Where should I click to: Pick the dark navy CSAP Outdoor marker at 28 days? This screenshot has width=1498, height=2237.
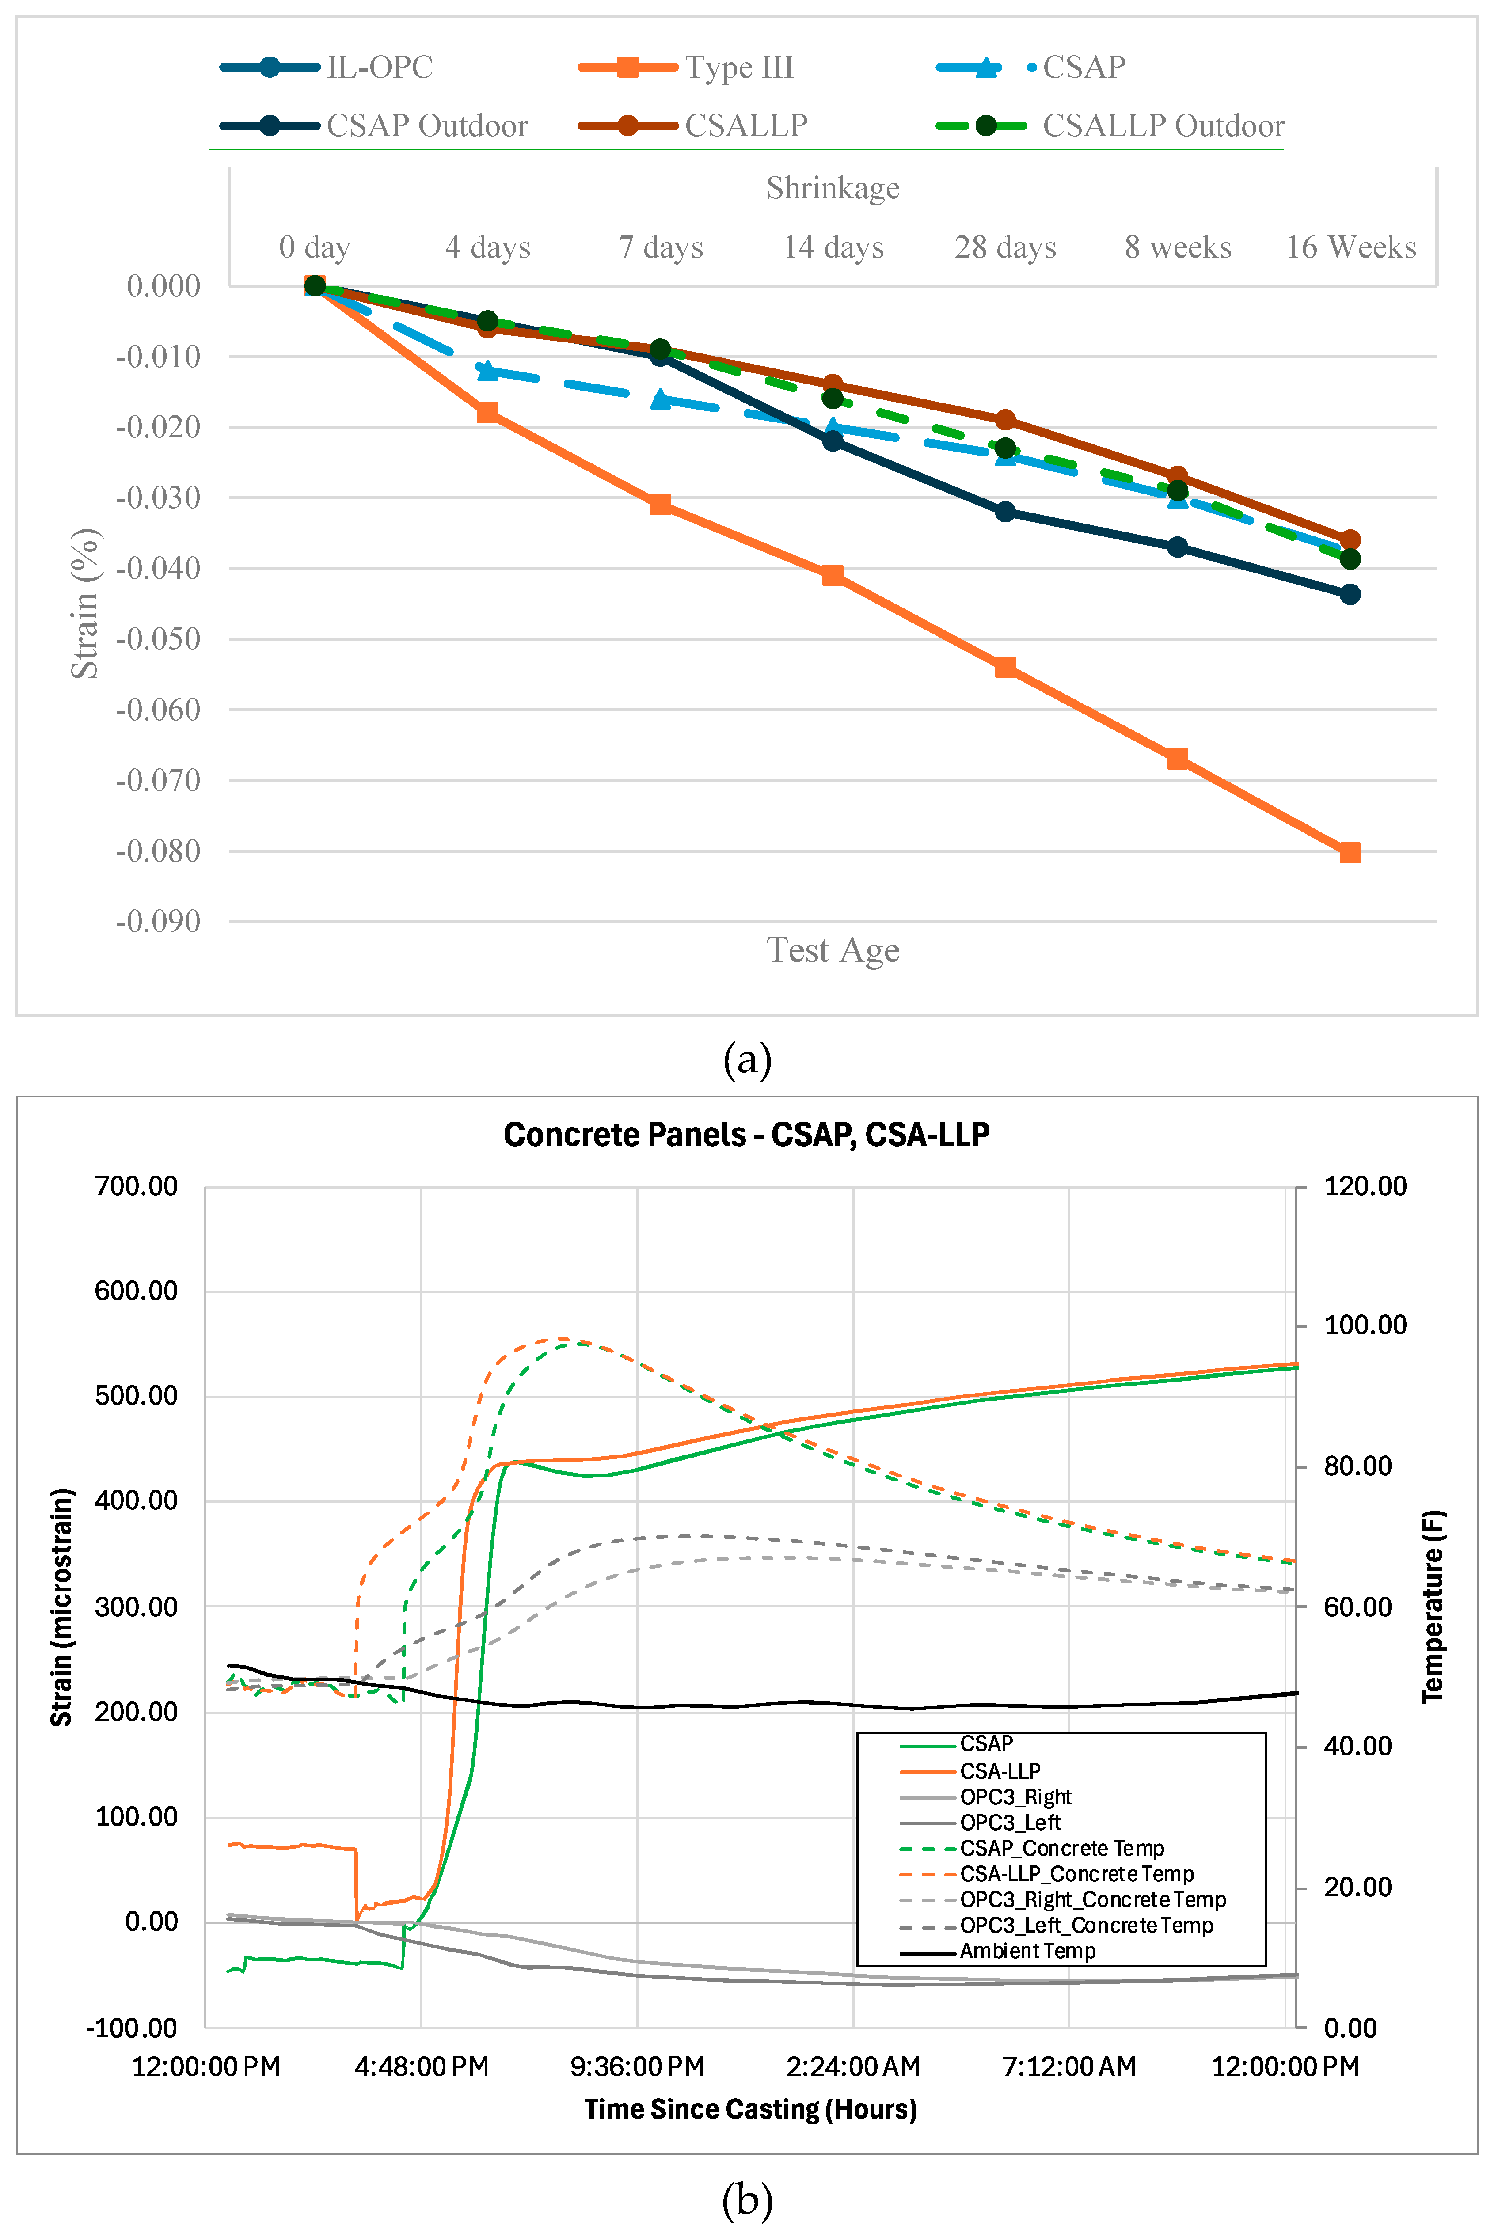pos(1005,512)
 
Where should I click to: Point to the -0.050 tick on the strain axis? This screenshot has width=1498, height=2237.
pos(158,639)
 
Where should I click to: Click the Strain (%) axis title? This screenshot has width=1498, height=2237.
pos(85,604)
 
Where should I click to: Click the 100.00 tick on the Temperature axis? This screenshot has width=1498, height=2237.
pos(1364,1325)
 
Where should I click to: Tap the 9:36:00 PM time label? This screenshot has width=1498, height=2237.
pos(637,2066)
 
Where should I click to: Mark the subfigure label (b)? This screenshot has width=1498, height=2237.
pos(747,2200)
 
